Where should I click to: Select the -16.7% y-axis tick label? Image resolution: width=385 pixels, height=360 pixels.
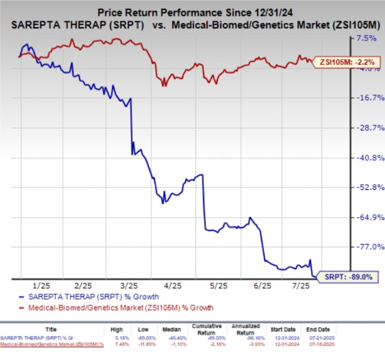click(365, 97)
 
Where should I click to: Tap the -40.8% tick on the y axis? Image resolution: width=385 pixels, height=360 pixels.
click(365, 158)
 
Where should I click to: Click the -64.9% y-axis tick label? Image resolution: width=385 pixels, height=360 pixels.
click(365, 217)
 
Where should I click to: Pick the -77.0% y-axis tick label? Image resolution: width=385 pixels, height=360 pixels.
click(365, 247)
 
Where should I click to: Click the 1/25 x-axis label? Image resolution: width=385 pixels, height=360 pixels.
click(42, 286)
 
